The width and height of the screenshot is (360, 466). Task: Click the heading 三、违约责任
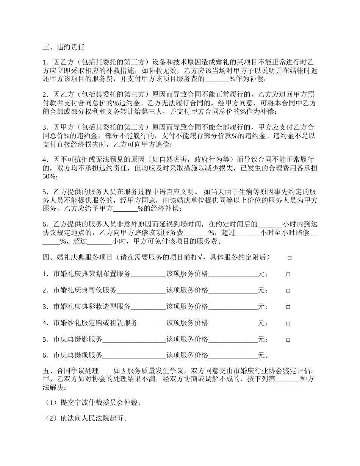pyautogui.click(x=63, y=47)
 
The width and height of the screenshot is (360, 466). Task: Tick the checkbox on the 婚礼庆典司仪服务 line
pyautogui.click(x=288, y=291)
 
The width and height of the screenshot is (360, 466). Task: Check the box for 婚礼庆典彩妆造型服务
pyautogui.click(x=288, y=307)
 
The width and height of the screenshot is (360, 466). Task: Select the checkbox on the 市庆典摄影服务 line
pyautogui.click(x=288, y=340)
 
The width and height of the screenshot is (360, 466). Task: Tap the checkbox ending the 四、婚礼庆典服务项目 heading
pyautogui.click(x=290, y=258)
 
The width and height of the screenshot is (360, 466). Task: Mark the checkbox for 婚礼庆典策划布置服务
pyautogui.click(x=288, y=274)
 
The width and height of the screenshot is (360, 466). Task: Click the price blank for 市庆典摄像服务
pyautogui.click(x=233, y=355)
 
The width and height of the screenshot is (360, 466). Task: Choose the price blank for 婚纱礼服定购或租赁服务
pyautogui.click(x=233, y=323)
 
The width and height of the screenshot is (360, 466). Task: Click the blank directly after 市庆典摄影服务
pyautogui.click(x=135, y=339)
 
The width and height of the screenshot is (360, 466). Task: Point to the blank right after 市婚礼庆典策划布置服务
pyautogui.click(x=149, y=274)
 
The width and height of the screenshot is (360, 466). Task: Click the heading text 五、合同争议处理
pyautogui.click(x=70, y=370)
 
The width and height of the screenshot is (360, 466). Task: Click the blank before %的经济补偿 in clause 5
pyautogui.click(x=125, y=209)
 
